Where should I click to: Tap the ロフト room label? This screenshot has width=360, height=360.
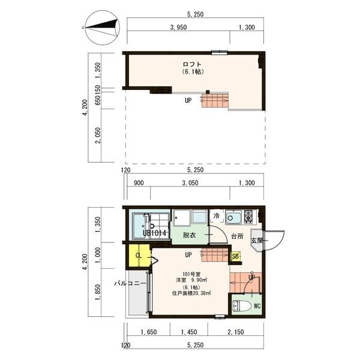pyautogui.click(x=192, y=64)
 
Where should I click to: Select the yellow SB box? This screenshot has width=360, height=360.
pyautogui.click(x=236, y=256)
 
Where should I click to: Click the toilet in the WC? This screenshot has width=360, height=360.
pyautogui.click(x=242, y=305)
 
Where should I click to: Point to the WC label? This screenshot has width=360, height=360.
pyautogui.click(x=257, y=306)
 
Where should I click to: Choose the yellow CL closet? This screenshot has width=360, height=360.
pyautogui.click(x=139, y=256)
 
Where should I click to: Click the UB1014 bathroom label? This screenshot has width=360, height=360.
pyautogui.click(x=154, y=233)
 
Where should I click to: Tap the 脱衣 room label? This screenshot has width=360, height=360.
pyautogui.click(x=189, y=235)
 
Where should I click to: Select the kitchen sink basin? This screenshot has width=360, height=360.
pyautogui.click(x=233, y=217)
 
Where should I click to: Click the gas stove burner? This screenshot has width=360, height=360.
pyautogui.click(x=248, y=216)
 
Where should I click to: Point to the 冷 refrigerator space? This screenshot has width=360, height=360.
pyautogui.click(x=217, y=216)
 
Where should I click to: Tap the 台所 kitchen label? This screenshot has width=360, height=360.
pyautogui.click(x=238, y=236)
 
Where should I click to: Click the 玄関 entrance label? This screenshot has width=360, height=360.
pyautogui.click(x=257, y=241)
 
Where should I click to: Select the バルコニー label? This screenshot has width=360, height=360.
pyautogui.click(x=130, y=283)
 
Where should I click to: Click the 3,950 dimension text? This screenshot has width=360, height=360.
pyautogui.click(x=178, y=28)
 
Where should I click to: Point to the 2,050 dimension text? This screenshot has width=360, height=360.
pyautogui.click(x=98, y=136)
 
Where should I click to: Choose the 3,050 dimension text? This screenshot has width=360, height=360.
pyautogui.click(x=190, y=183)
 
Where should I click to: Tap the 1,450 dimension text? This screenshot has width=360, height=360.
pyautogui.click(x=189, y=332)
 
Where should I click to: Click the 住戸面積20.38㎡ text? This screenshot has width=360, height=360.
pyautogui.click(x=192, y=293)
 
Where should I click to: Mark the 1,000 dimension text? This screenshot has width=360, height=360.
pyautogui.click(x=98, y=255)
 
